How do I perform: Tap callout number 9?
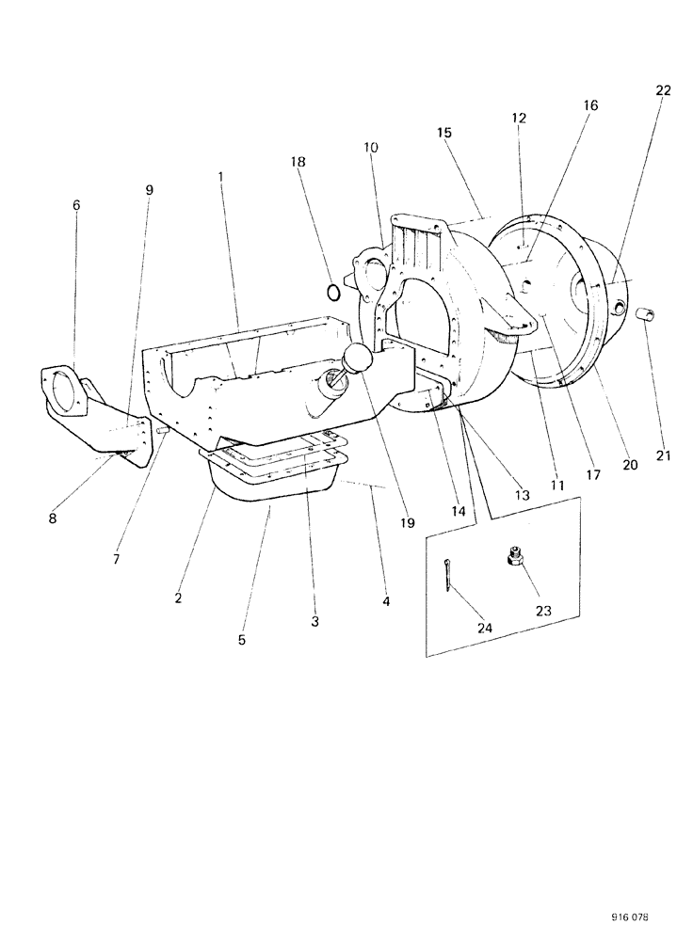[x=149, y=189]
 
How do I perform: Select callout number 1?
[x=220, y=176]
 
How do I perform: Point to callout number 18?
[x=298, y=162]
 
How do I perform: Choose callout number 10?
[x=370, y=148]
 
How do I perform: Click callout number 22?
[x=663, y=89]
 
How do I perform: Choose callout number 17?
[x=593, y=475]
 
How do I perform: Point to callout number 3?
[x=314, y=622]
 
